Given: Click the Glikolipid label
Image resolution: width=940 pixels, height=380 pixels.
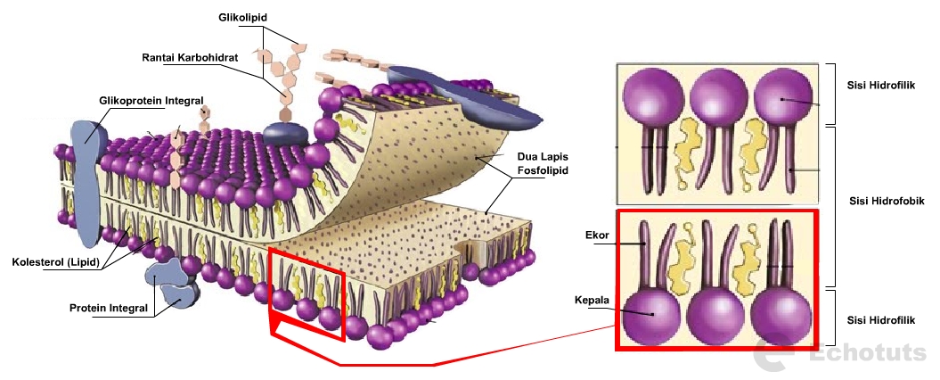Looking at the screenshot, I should click(x=243, y=17).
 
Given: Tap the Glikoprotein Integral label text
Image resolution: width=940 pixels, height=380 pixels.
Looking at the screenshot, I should click(x=152, y=100).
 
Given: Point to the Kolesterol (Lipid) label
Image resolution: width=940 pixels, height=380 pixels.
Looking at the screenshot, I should click(x=54, y=262).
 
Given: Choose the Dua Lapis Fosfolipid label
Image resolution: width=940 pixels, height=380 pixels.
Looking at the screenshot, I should click(x=543, y=163).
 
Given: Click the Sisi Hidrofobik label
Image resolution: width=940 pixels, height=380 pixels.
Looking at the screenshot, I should click(x=887, y=201).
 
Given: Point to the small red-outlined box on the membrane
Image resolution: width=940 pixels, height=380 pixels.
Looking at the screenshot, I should click(x=307, y=294).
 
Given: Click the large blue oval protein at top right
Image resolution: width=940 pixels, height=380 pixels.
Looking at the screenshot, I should click(x=465, y=93).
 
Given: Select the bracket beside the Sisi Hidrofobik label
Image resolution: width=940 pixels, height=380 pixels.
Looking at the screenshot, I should click(x=831, y=205).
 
